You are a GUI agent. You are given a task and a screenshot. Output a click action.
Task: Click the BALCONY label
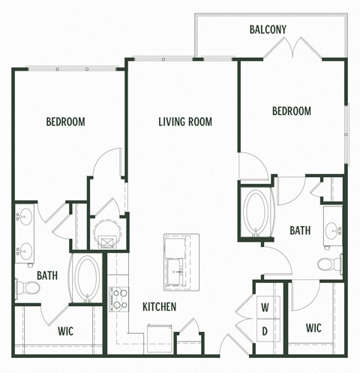[268, 30]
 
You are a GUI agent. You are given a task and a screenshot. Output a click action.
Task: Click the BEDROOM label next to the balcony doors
[291, 111]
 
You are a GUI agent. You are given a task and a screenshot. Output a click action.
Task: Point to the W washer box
[265, 307]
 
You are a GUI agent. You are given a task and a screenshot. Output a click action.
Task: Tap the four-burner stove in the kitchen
[118, 299]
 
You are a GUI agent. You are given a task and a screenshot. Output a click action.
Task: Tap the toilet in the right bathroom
[328, 264]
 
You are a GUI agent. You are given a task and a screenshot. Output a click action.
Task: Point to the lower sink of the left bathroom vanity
[25, 250]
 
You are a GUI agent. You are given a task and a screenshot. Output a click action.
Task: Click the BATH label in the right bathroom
[301, 231]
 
